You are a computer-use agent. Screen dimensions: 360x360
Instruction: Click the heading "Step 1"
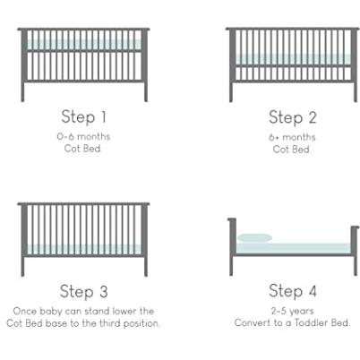pos(83,116)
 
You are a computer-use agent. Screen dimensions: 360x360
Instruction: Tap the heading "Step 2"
pos(292,117)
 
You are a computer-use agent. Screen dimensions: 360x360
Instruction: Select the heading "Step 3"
pos(83,291)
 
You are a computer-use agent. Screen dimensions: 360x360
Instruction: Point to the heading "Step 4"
pos(293,290)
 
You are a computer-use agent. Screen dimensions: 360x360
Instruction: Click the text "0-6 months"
pos(83,137)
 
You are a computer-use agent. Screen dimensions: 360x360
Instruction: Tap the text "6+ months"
pos(292,137)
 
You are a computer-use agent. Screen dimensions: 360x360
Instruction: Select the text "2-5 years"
pos(293,311)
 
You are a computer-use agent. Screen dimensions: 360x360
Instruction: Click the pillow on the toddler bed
pos(255,238)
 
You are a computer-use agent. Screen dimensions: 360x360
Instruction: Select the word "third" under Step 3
pos(110,323)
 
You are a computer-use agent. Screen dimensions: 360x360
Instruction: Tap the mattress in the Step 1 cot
pos(84,45)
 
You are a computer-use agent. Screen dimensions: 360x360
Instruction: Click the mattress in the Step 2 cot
pos(293,59)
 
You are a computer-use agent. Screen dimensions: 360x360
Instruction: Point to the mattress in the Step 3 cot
pos(84,249)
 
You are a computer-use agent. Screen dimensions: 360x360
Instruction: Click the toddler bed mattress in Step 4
pos(293,248)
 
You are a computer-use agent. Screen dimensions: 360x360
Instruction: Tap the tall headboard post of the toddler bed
pos(232,246)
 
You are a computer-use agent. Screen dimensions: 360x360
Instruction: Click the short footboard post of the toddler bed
pos(355,251)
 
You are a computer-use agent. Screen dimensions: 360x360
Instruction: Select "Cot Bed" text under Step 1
pos(82,149)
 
